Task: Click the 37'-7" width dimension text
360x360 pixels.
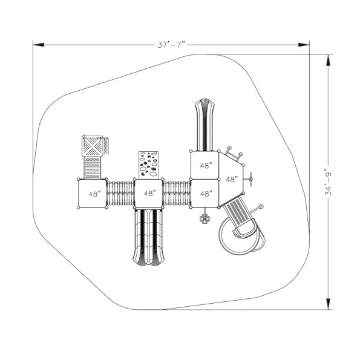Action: click(171, 45)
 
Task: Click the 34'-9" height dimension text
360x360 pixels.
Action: click(329, 182)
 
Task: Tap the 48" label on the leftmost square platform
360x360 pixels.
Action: click(94, 194)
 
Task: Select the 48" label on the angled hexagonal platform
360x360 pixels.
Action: click(231, 179)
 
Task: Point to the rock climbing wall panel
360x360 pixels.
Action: click(148, 165)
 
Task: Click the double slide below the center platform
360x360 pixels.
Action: click(149, 237)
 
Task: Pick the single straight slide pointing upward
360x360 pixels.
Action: click(205, 125)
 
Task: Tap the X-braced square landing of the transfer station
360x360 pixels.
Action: click(92, 146)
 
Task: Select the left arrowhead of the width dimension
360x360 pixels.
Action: click(38, 45)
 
